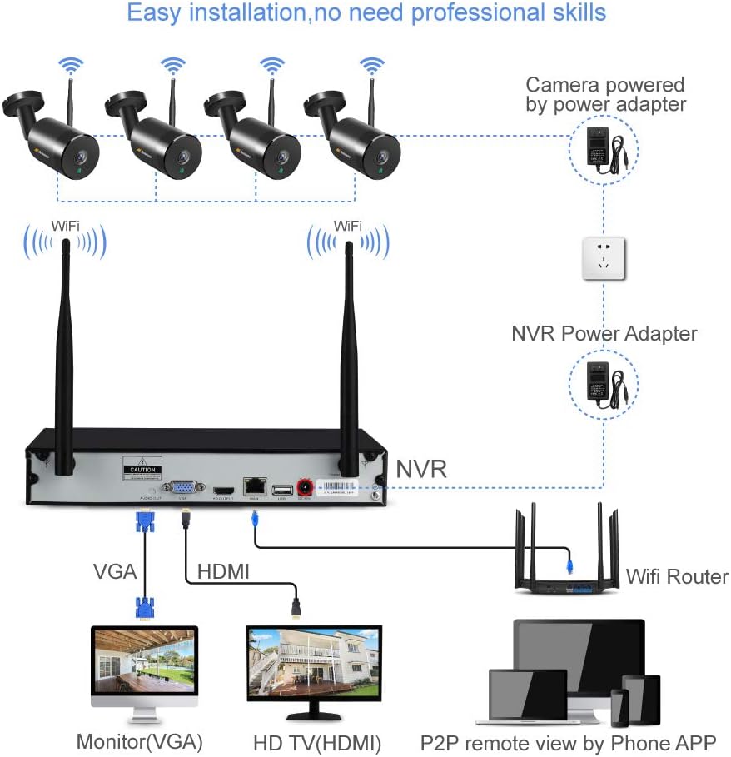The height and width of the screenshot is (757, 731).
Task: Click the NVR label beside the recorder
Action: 421,468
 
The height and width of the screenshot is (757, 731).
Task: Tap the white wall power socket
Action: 604,258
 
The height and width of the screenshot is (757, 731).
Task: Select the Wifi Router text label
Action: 676,576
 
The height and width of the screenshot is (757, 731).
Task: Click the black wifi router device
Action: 567,566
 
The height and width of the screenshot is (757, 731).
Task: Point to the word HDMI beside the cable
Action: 223,572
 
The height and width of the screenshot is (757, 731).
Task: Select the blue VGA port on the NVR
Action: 181,486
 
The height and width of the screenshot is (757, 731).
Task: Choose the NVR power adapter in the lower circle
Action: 604,384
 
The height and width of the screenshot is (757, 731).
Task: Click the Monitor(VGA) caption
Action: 139,741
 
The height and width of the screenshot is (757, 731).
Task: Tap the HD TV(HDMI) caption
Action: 316,742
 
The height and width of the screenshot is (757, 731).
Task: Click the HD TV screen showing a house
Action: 314,662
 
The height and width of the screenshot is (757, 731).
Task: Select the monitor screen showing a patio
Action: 144,662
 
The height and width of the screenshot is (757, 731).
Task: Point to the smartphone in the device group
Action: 619,708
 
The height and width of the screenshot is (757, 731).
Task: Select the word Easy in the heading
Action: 153,13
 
